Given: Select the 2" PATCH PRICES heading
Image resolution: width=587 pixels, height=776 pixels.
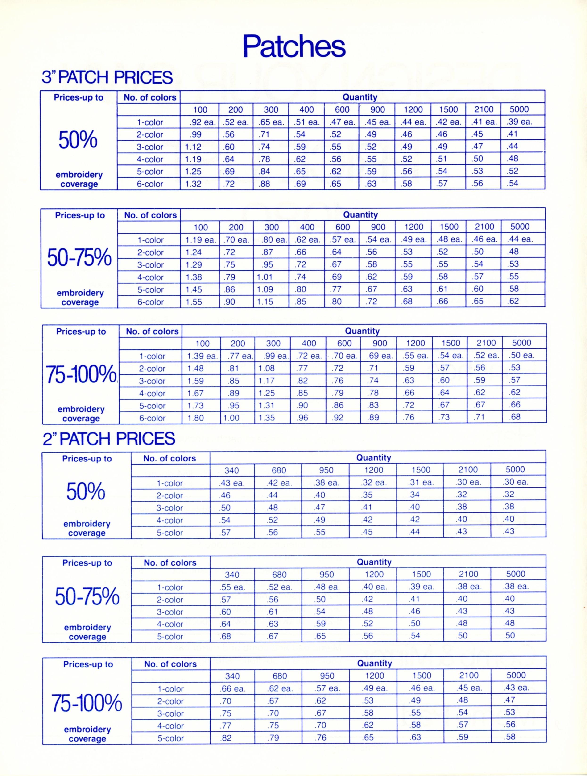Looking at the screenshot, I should (x=109, y=439).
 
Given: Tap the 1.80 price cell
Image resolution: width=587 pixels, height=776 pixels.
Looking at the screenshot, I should (x=196, y=418).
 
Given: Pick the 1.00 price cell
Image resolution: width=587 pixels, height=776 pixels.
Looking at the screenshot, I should (x=231, y=418).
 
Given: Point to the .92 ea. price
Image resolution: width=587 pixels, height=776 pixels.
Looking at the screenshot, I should (x=200, y=122).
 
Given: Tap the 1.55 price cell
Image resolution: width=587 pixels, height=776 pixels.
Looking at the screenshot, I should (x=194, y=302).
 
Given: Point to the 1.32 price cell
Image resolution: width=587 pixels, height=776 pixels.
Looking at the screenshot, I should (x=193, y=184).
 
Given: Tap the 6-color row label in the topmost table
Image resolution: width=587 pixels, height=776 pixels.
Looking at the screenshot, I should (x=150, y=184).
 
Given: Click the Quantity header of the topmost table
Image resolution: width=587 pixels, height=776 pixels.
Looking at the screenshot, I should (x=360, y=97).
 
